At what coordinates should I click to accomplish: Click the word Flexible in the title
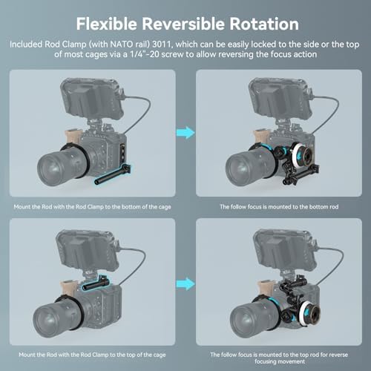pyautogui.click(x=106, y=24)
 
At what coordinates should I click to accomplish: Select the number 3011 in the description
pyautogui.click(x=162, y=45)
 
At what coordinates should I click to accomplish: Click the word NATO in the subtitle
pyautogui.click(x=119, y=45)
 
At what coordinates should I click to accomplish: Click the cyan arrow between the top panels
pyautogui.click(x=185, y=133)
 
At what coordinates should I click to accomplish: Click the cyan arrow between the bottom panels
pyautogui.click(x=185, y=283)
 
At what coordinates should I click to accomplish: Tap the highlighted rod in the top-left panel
pyautogui.click(x=113, y=174)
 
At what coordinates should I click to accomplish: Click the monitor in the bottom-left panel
pyautogui.click(x=88, y=250)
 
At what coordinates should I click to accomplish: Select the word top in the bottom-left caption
pyautogui.click(x=131, y=355)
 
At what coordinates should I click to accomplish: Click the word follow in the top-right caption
pyautogui.click(x=238, y=207)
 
